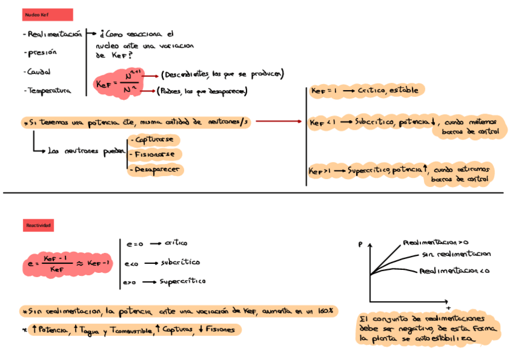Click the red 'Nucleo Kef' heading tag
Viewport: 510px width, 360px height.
point(47,15)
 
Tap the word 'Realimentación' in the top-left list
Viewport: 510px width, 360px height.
point(55,35)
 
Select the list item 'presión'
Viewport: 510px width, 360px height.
point(41,53)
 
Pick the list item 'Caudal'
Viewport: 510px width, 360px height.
point(38,72)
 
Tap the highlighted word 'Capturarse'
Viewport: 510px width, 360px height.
point(155,139)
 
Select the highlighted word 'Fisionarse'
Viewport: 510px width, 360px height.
point(155,154)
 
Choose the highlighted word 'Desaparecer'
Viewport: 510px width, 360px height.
point(156,170)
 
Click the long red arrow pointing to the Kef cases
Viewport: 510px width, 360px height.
point(279,122)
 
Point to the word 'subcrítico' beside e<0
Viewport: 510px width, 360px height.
point(180,263)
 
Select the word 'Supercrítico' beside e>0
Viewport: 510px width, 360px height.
point(182,281)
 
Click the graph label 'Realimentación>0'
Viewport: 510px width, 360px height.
point(435,243)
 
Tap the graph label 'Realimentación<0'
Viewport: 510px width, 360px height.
point(455,272)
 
